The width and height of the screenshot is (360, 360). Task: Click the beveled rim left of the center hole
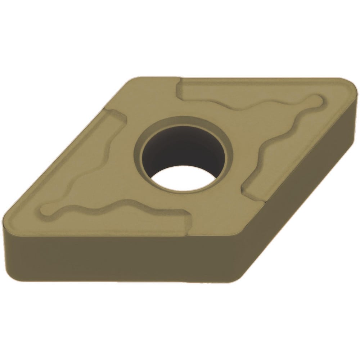tap(139, 151)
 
